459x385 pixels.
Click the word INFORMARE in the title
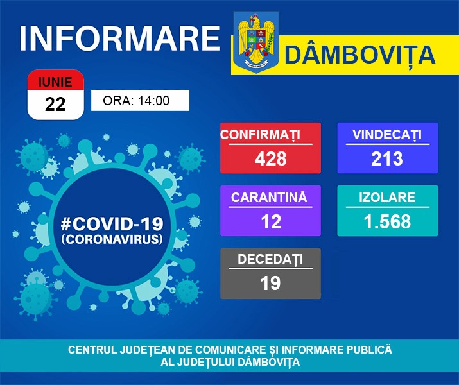click(119, 38)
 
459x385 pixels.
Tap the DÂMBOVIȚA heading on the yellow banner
click(359, 55)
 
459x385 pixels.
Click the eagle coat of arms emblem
click(256, 42)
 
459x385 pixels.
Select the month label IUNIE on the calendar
click(55, 82)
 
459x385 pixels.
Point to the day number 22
click(55, 104)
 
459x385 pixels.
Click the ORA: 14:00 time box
click(140, 100)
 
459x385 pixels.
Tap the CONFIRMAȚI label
click(260, 135)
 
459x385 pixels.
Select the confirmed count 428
click(270, 158)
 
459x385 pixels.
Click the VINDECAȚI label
click(387, 135)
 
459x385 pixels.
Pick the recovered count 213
click(387, 158)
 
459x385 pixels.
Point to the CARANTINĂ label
click(269, 197)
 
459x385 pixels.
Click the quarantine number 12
click(271, 221)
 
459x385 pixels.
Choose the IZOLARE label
click(387, 198)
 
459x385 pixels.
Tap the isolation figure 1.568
click(387, 221)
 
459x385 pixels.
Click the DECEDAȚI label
click(270, 259)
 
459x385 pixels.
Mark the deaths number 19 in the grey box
click(270, 283)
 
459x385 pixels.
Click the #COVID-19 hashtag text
click(112, 224)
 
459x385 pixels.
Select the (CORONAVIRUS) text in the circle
click(112, 239)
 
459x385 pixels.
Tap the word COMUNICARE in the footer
click(230, 350)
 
